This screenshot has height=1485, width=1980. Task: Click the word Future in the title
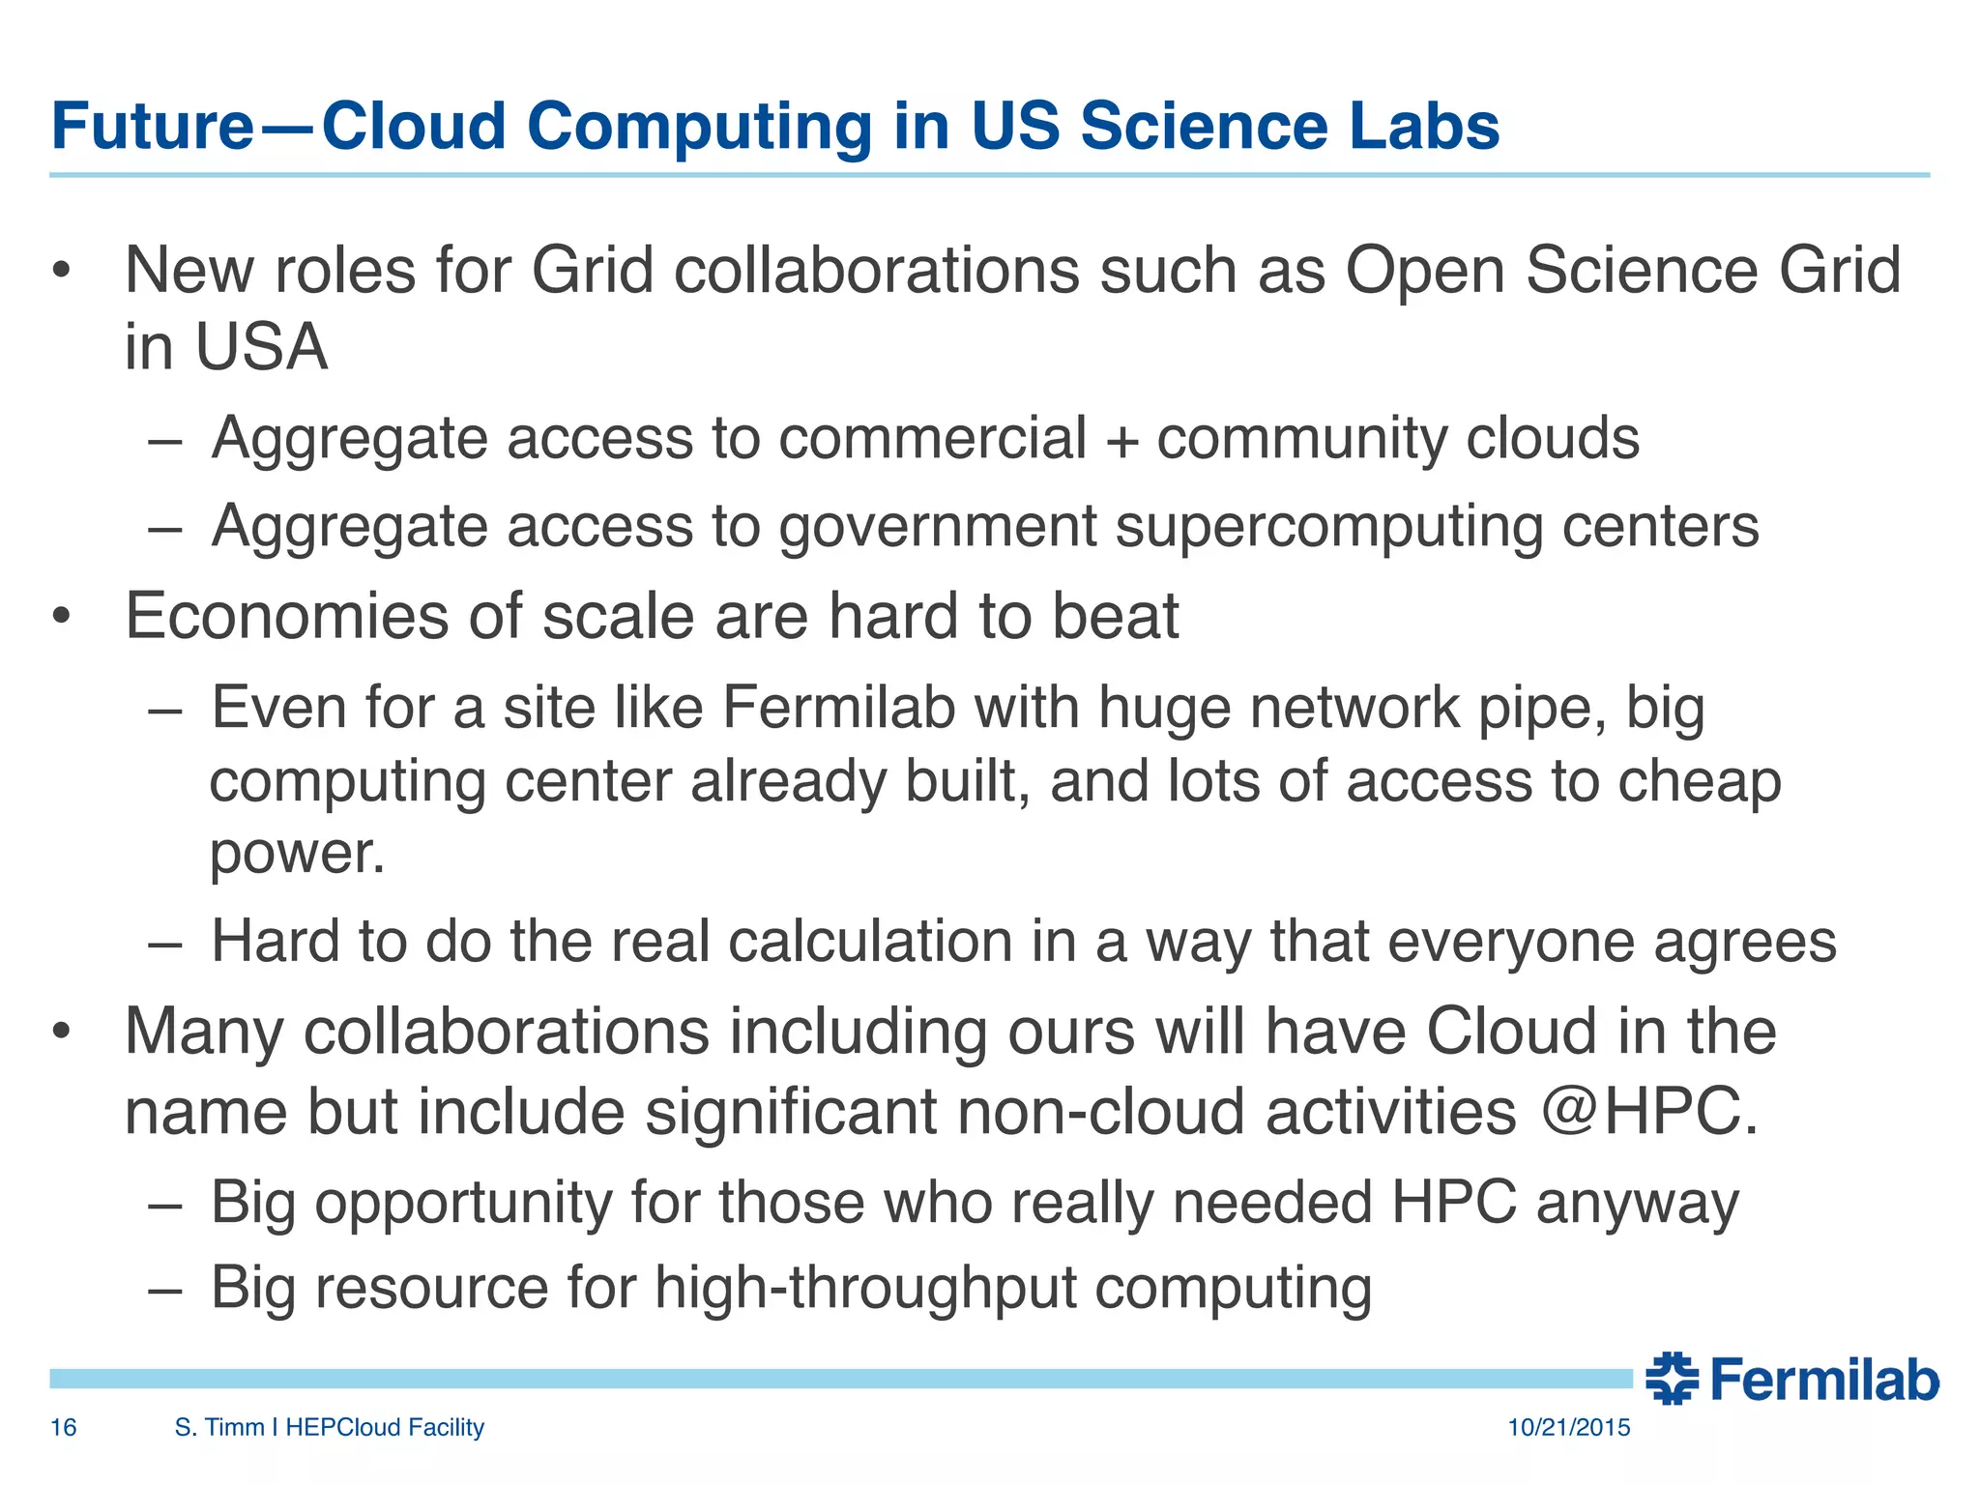(x=152, y=127)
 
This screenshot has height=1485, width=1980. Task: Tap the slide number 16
(x=63, y=1427)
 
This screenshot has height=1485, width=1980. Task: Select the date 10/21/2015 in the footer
(x=1568, y=1427)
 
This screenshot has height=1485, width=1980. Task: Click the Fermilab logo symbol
(x=1672, y=1378)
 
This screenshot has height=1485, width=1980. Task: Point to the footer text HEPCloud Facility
(x=385, y=1427)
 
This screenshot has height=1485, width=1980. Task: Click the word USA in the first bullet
(x=261, y=347)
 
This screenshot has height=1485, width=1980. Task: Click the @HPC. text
(x=1649, y=1112)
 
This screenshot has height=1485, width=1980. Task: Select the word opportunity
(x=463, y=1204)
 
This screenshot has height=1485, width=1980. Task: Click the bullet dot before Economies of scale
(x=63, y=617)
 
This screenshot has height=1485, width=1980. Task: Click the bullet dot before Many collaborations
(x=63, y=1032)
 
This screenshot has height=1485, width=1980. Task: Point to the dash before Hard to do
(x=165, y=943)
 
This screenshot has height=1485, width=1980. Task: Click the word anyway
(x=1637, y=1204)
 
